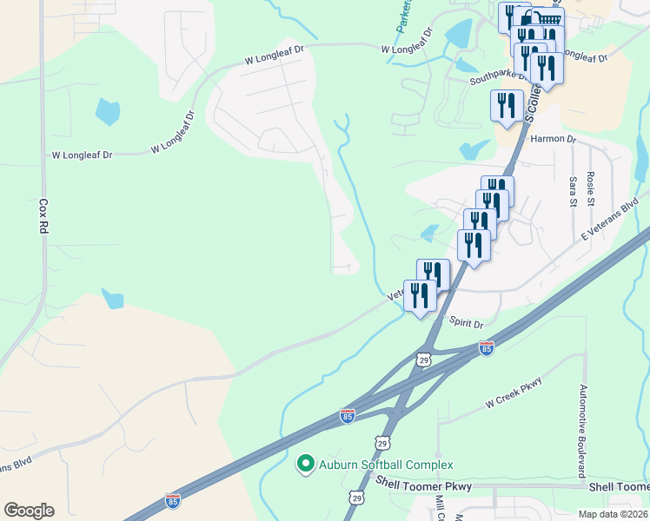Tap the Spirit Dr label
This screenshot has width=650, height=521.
point(466,323)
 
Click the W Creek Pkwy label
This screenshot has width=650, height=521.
point(514,393)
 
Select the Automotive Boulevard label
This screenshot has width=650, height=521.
point(582,431)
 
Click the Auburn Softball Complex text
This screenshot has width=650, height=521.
point(386,465)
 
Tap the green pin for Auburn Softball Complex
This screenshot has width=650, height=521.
point(305,465)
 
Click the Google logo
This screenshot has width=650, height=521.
point(29,511)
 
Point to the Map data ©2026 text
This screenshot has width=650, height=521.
point(613,514)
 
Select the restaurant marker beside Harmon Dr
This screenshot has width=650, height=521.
point(507,107)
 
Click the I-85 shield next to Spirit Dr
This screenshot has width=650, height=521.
point(487,348)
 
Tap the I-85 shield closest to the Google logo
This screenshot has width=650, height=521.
point(173,501)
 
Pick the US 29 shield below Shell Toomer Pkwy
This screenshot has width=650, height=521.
point(355,498)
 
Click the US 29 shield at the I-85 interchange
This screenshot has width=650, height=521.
point(424,359)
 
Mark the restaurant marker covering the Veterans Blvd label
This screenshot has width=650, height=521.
point(420,297)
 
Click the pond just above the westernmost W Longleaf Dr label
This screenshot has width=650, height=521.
point(108,112)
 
